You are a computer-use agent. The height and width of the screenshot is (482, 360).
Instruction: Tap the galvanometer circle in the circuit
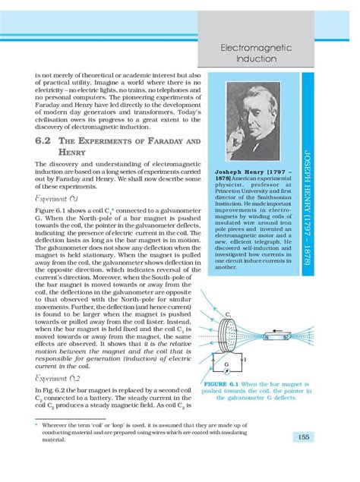coord(226,364)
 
